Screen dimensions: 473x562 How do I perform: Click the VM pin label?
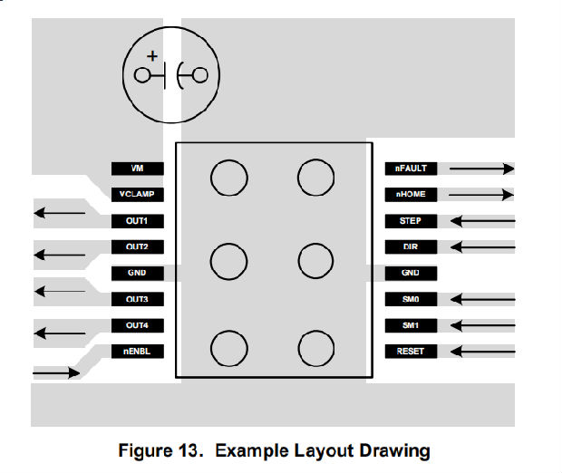138,169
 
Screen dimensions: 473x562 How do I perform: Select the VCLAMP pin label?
138,194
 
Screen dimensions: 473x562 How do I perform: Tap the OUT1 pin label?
138,220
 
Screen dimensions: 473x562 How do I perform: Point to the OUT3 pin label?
138,299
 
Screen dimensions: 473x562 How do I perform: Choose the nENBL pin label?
138,351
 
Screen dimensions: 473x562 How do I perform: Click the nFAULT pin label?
411,169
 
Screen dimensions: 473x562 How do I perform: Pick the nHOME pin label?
411,194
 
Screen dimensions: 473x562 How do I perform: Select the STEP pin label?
411,220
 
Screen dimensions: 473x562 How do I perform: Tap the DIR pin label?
411,246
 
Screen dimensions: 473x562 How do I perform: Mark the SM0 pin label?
411,299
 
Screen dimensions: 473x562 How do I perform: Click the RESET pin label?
411,351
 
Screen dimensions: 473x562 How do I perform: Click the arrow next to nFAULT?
481,169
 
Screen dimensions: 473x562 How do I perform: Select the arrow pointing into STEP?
481,220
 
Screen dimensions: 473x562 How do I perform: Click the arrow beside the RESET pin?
481,351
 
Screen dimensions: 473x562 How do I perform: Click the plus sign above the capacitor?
151,56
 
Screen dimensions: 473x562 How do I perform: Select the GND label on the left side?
138,273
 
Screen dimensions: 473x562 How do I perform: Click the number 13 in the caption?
193,450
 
